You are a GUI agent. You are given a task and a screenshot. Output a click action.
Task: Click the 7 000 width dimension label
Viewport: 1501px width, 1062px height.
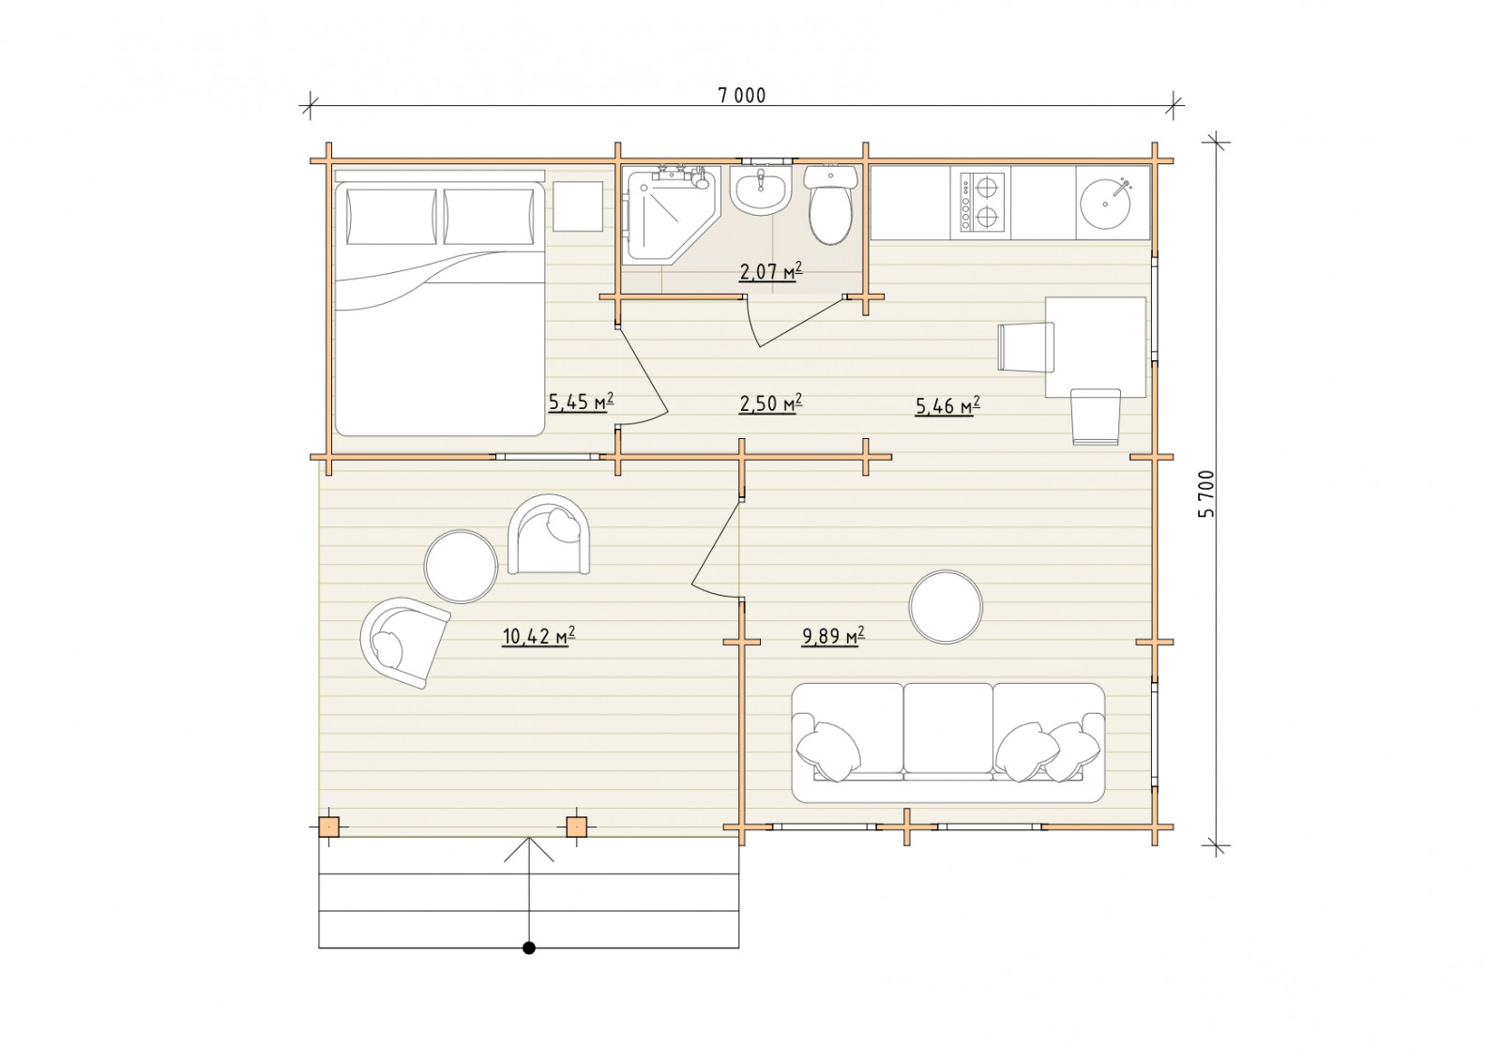(742, 96)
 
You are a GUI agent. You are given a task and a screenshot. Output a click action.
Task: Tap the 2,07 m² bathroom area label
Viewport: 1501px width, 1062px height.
(770, 271)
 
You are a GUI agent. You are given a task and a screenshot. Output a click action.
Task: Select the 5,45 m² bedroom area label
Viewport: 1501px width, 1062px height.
(581, 402)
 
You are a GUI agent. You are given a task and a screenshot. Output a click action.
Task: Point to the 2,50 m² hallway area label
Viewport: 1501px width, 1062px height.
(770, 403)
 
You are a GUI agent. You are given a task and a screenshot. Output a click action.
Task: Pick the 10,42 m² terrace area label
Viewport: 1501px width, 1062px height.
(538, 636)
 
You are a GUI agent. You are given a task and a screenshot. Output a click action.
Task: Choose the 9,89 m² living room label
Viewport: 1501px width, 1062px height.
(833, 635)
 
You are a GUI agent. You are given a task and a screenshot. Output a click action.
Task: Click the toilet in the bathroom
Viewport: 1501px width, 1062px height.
(831, 205)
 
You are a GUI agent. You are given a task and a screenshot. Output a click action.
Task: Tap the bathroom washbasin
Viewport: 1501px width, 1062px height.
(761, 190)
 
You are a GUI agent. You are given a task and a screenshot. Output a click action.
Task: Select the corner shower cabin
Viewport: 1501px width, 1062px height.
(671, 215)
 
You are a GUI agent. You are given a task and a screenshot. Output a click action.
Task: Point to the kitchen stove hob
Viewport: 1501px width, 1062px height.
(982, 202)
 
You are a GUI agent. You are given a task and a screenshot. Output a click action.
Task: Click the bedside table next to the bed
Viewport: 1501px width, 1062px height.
(578, 206)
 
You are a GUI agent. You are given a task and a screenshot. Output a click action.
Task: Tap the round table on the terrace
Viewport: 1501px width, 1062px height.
(461, 566)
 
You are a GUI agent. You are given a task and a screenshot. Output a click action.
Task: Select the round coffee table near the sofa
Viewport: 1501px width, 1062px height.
(946, 606)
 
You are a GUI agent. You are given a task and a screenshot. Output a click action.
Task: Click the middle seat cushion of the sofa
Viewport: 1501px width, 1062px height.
(948, 728)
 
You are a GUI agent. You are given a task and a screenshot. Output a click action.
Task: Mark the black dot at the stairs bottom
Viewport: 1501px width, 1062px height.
(529, 948)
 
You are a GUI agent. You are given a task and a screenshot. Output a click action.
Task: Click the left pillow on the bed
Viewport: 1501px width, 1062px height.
(391, 217)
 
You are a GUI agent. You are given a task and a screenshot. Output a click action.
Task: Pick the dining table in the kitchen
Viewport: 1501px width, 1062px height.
(1096, 347)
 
